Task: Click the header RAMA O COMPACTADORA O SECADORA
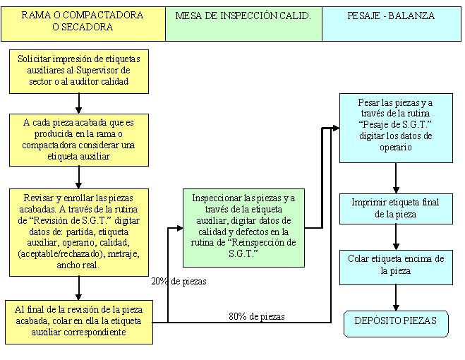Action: coord(83,21)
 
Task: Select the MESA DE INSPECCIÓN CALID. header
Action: coord(243,16)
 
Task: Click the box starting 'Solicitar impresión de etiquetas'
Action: coord(78,71)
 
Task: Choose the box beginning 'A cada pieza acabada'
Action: coord(78,140)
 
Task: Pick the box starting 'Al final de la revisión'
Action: coord(78,321)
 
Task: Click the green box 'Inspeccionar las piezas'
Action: coord(243,228)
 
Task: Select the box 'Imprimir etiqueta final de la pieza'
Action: coord(395,208)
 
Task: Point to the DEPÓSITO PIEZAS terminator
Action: coord(395,321)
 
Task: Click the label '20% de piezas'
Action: coord(179,281)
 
